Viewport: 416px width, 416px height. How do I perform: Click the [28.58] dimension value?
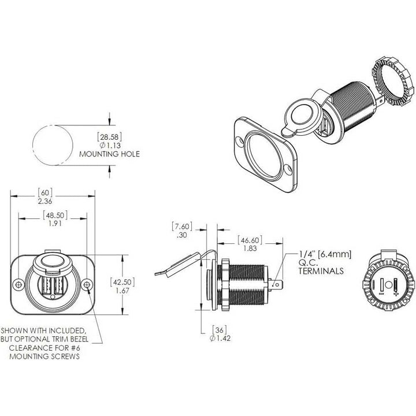pos(110,137)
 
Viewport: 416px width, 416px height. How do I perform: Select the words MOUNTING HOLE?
pos(110,154)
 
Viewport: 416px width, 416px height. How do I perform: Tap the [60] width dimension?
pos(45,192)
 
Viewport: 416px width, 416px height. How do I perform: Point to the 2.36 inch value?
pos(45,201)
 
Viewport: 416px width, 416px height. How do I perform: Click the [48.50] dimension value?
pos(55,215)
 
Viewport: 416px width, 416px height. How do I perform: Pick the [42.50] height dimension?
pos(122,282)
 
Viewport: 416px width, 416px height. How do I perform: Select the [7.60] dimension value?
pos(182,226)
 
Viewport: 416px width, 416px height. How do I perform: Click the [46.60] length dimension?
pos(250,240)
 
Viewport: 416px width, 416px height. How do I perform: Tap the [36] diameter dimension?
pos(220,330)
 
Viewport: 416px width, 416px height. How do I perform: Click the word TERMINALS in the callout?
pos(321,271)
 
